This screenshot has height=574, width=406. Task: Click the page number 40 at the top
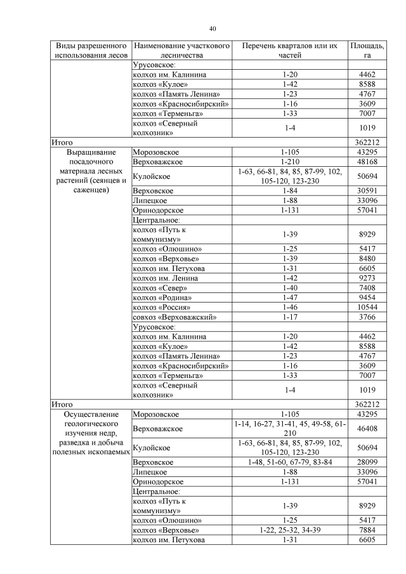pos(213,29)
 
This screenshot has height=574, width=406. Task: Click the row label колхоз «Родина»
pos(162,297)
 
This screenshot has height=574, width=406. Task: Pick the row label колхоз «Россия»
pos(162,307)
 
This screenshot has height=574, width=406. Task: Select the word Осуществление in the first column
pos(92,414)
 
